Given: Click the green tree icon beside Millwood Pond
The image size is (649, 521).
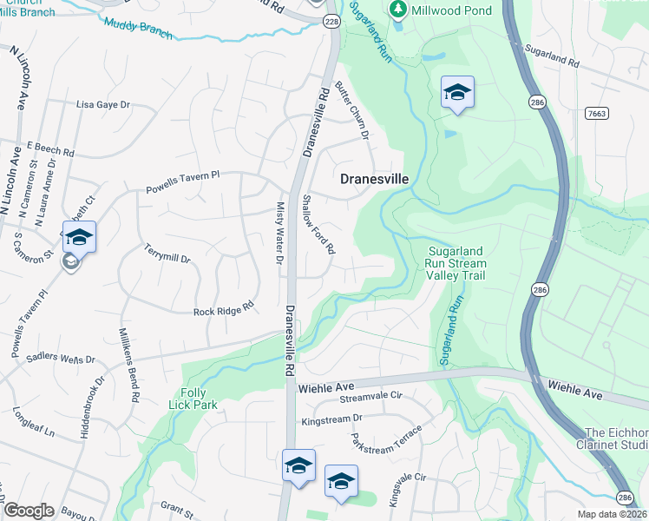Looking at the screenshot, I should coord(398,10).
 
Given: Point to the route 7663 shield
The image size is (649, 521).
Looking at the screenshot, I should coord(596,113).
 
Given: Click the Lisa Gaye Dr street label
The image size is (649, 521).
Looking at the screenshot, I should coord(102,104).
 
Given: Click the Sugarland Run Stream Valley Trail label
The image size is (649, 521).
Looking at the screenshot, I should coord(456,263).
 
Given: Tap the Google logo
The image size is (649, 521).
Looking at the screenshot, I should coord(29,510).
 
